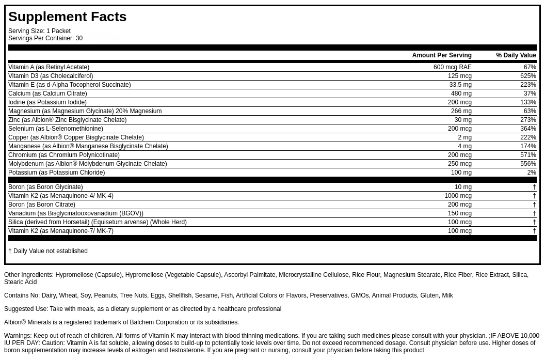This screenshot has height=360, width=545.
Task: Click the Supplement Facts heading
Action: (x=67, y=17)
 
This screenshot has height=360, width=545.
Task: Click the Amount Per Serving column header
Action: (x=442, y=55)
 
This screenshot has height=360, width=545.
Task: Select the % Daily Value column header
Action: (x=516, y=55)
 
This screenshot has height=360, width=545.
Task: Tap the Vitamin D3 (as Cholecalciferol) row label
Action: (x=51, y=76)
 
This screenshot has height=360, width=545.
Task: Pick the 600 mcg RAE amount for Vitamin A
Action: (x=453, y=67)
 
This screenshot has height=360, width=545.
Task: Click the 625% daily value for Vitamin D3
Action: (x=528, y=76)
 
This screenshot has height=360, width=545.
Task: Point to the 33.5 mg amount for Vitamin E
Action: (x=460, y=85)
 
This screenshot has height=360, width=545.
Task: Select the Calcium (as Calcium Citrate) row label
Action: (x=47, y=93)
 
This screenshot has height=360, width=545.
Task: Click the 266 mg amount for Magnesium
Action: (x=461, y=111)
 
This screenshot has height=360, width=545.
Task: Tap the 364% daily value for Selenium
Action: (x=528, y=129)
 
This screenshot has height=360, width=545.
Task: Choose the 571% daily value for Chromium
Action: (x=528, y=155)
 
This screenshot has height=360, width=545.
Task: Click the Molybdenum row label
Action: (x=88, y=164)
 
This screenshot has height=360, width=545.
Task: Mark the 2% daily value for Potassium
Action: (x=532, y=173)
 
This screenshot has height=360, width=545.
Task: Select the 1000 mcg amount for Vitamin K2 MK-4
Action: (x=458, y=196)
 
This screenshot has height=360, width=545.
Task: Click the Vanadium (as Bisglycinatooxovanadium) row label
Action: (x=76, y=213)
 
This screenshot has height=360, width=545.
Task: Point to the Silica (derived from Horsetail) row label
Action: (x=98, y=222)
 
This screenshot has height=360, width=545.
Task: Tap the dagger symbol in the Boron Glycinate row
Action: (x=534, y=187)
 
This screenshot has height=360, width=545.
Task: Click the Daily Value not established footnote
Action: (x=48, y=251)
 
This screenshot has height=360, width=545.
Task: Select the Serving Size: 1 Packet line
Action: (x=39, y=31)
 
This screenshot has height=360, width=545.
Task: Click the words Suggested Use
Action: (x=25, y=309)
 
